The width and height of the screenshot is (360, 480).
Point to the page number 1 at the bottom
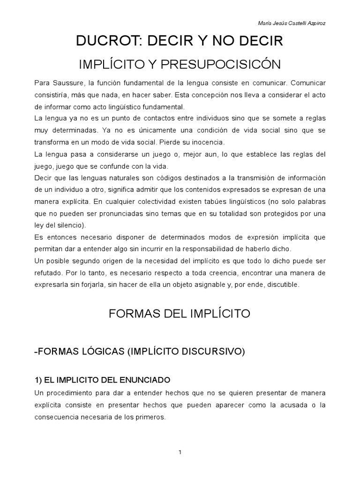[x=180, y=452]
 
